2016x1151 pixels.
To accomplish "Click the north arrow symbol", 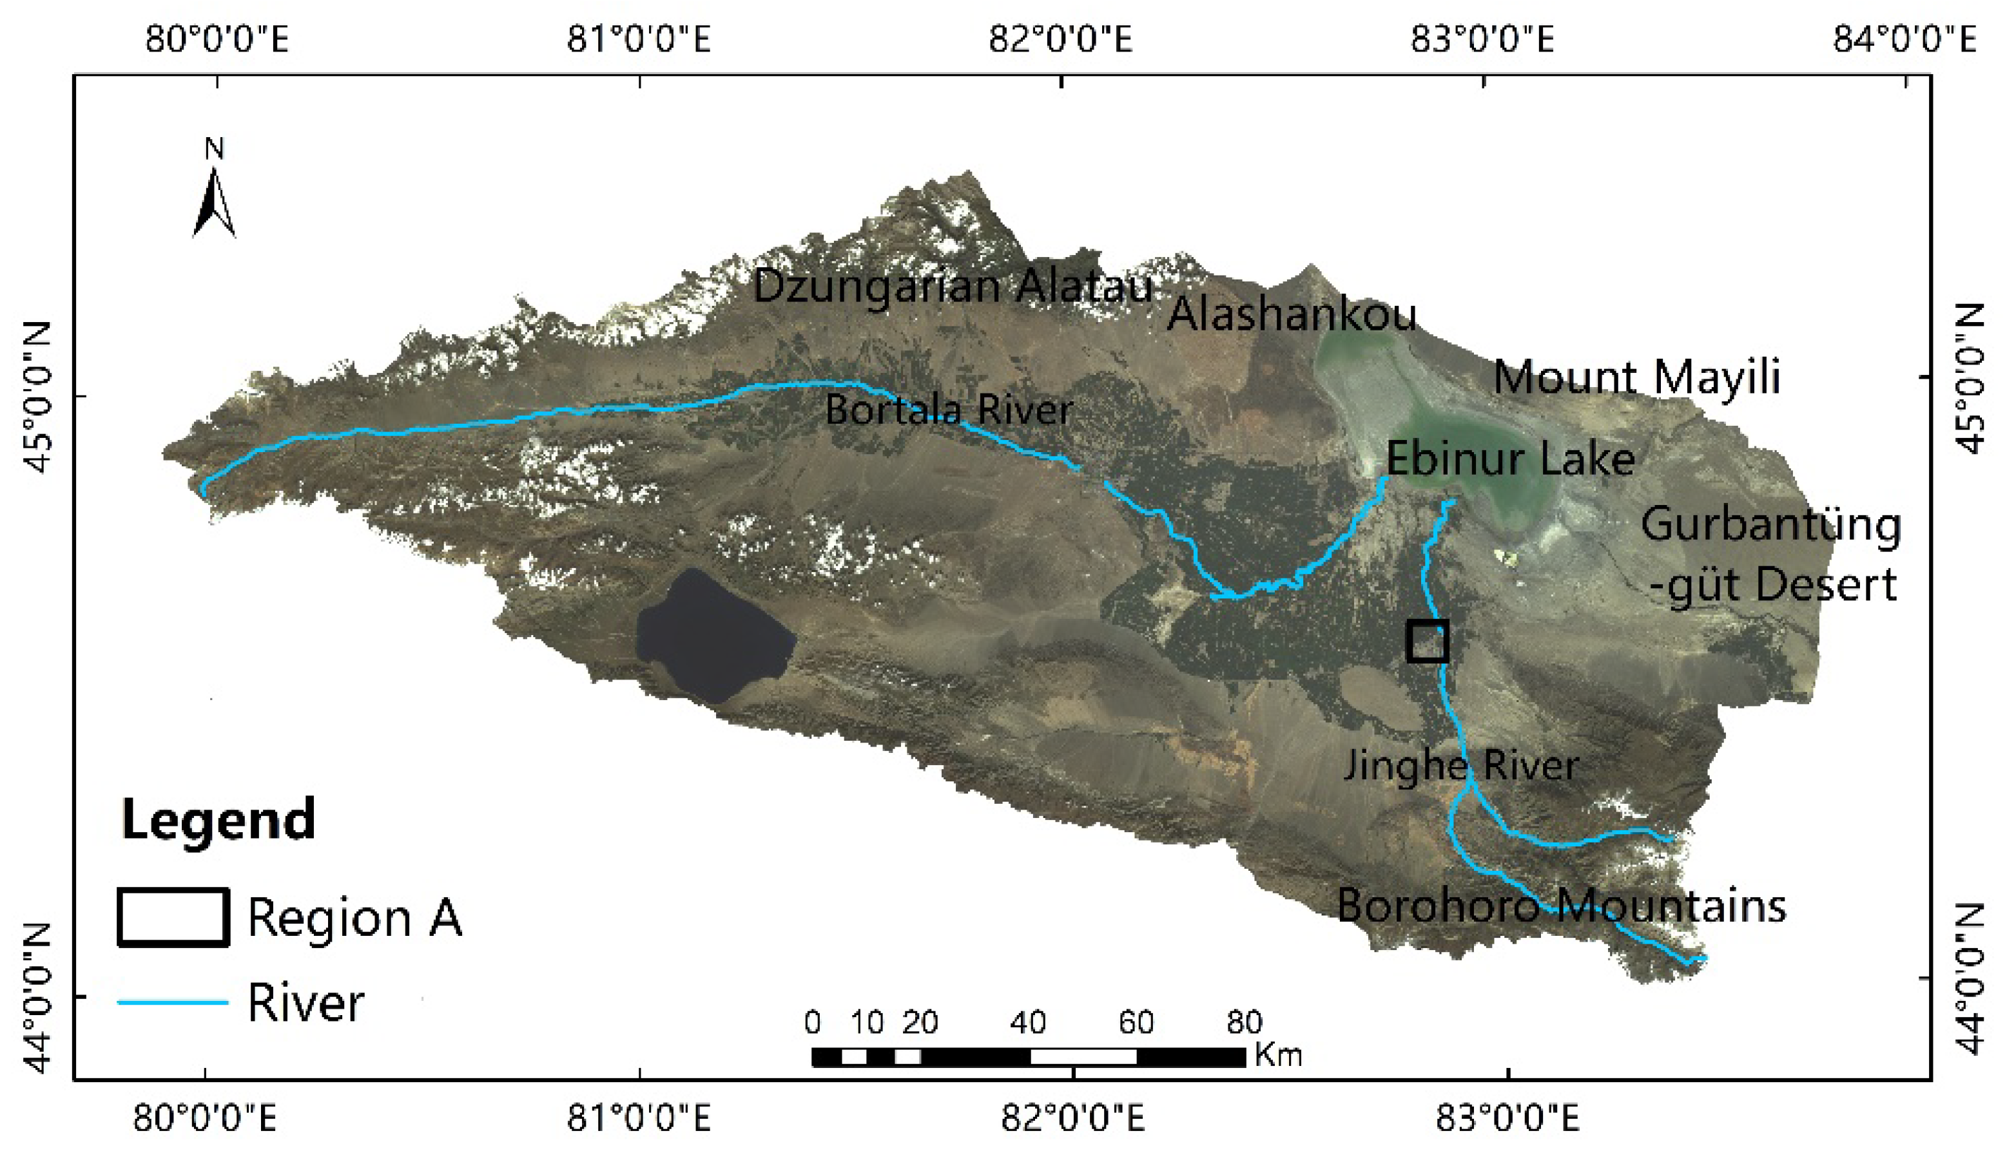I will point(213,202).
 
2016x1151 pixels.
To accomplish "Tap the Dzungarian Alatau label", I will point(952,285).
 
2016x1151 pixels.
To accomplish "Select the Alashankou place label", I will point(1292,314).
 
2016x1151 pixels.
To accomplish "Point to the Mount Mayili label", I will point(1636,377).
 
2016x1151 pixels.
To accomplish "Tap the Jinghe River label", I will point(1462,765).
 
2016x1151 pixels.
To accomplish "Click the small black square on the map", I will point(1428,640).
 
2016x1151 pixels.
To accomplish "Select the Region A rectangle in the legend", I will point(173,917).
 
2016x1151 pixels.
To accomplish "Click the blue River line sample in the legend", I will point(173,1002).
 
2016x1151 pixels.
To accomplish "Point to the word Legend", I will point(218,820).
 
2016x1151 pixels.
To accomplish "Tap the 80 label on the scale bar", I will point(1243,1023).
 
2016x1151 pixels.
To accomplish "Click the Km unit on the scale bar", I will point(1277,1055).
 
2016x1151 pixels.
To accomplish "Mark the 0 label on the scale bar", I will point(812,1023).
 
